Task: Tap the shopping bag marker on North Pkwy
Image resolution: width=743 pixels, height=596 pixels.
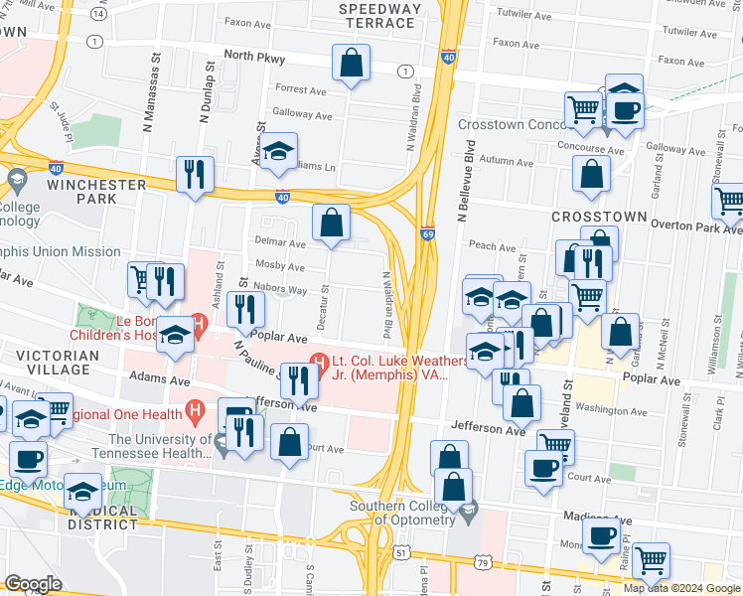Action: [x=351, y=64]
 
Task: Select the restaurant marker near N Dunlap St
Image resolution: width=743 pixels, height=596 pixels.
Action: [x=195, y=174]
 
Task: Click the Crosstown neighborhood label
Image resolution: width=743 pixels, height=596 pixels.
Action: [x=599, y=217]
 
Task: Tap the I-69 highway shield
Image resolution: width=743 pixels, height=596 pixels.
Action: [x=427, y=229]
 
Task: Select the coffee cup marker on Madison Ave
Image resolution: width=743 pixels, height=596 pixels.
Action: [x=600, y=536]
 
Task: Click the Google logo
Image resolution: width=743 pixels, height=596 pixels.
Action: [x=33, y=584]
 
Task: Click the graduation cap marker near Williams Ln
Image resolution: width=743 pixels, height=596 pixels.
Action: [x=279, y=152]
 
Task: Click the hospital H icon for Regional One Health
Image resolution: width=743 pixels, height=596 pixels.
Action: [x=196, y=408]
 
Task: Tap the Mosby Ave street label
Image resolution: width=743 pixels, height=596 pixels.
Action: [x=280, y=266]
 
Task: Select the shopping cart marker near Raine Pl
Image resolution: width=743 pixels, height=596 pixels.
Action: [x=651, y=561]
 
